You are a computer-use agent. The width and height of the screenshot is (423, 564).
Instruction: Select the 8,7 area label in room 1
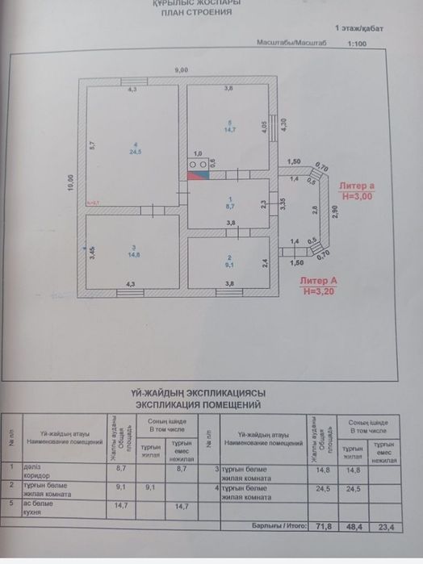230,206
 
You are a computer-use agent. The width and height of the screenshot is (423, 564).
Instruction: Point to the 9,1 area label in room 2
230,262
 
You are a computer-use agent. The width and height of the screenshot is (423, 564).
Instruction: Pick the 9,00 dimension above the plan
182,71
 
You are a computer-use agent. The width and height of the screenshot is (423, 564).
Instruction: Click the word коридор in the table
38,476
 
